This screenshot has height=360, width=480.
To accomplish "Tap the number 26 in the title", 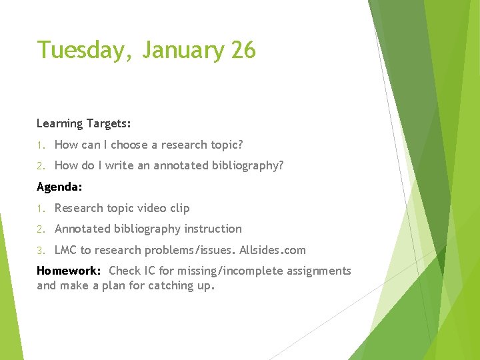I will tap(243, 51).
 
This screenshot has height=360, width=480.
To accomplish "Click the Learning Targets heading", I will tap(84, 123).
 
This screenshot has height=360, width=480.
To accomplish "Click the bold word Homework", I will tap(69, 271).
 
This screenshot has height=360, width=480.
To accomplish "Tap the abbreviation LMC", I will tap(65, 250).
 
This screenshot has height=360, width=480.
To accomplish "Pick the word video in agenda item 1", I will tap(151, 208).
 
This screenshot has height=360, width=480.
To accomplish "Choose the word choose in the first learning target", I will tap(129, 145).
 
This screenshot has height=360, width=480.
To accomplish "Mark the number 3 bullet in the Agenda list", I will tap(40, 251).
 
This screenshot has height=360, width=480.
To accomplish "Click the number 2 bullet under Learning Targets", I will tap(40, 166).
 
